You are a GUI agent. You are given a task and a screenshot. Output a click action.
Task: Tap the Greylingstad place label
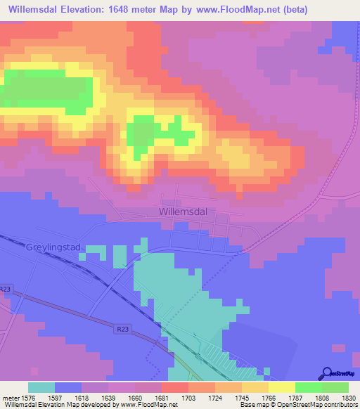coord(54,248)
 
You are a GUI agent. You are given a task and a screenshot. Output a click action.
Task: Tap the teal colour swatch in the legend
coord(41,387)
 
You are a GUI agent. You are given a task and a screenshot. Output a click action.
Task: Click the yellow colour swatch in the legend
coord(281,387)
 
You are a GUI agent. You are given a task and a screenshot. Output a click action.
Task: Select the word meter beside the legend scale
coord(11,397)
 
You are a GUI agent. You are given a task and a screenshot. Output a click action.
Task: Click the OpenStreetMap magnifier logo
coord(328,373)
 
